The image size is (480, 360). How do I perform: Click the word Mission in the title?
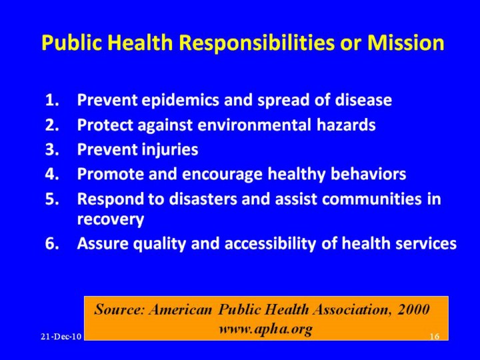tap(405, 42)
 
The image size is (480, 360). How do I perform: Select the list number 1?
tap(52, 100)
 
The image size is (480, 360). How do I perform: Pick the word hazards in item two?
tap(346, 125)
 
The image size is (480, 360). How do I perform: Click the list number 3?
tap(52, 149)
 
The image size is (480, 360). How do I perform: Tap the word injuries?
tap(170, 151)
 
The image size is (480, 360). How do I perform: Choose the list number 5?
tap(52, 199)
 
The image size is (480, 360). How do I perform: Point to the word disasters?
tap(203, 199)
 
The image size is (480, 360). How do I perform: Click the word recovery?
tap(111, 220)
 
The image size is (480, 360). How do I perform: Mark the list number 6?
tap(52, 244)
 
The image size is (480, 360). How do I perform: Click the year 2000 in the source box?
tap(413, 309)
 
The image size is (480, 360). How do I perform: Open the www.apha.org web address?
tap(265, 329)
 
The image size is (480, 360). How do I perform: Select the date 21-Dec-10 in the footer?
tap(61, 337)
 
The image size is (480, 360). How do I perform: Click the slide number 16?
tap(435, 337)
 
